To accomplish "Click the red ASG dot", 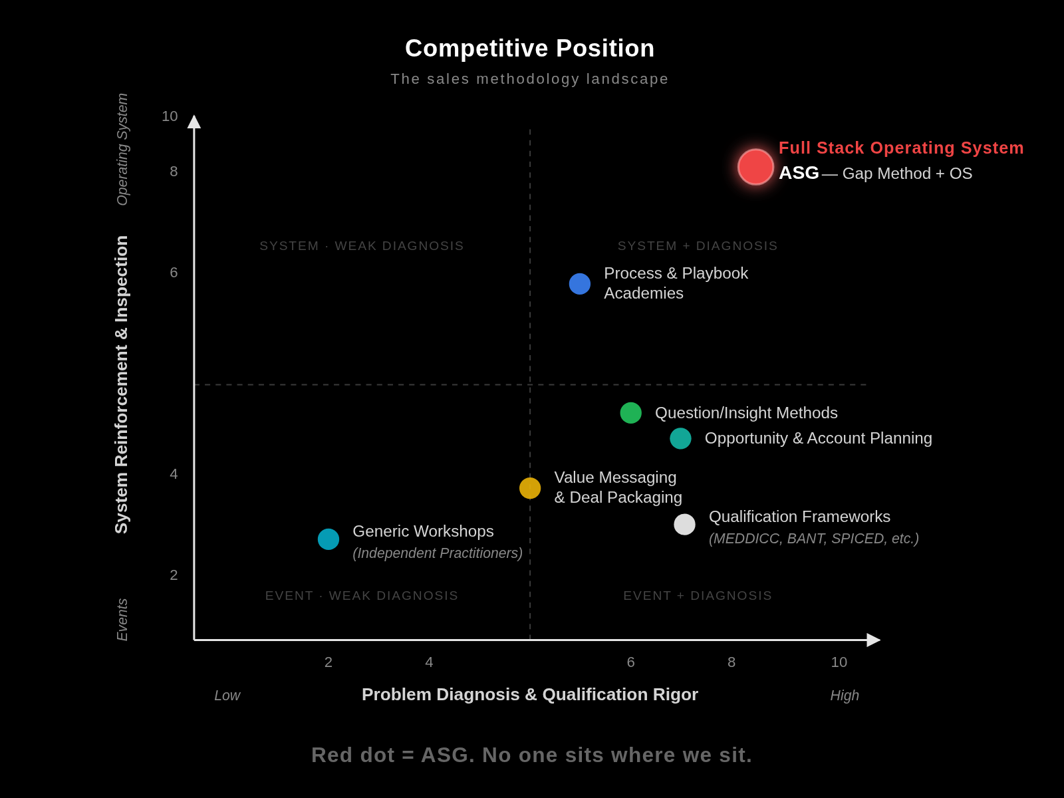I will point(755,167).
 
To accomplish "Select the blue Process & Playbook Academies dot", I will point(580,284).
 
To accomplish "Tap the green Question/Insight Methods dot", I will point(631,413).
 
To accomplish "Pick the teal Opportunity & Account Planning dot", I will point(680,438).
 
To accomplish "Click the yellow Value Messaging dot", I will point(530,488).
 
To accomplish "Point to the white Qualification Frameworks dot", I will point(684,525).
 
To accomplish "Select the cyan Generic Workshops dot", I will point(329,539).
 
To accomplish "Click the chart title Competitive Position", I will point(529,49).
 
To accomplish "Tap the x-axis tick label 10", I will point(839,662).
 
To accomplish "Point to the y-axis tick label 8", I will point(174,172).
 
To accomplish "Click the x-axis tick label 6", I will point(630,662).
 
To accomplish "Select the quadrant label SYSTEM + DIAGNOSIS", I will point(697,246).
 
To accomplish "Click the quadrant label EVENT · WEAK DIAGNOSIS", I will point(361,596).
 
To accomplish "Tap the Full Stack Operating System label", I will point(900,148).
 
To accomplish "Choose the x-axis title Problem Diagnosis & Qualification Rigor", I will point(529,694).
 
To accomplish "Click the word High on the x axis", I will point(844,696).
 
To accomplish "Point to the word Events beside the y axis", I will point(122,619).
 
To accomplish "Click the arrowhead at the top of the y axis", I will point(194,122).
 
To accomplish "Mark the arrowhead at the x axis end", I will point(873,640).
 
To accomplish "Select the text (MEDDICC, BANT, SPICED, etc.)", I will point(813,539).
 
